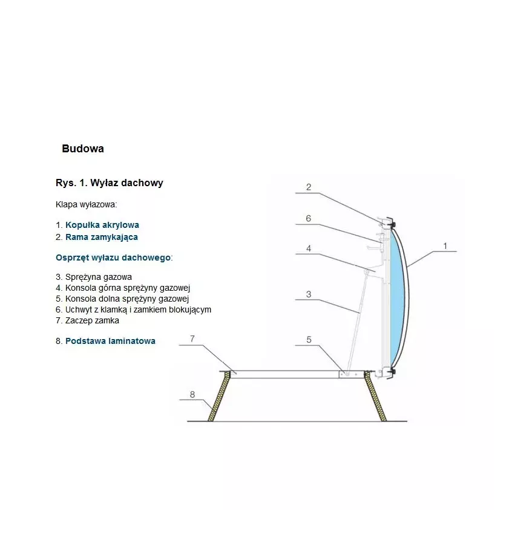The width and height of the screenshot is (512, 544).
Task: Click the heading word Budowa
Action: (83, 149)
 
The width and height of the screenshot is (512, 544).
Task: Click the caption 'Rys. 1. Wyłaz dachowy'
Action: (109, 183)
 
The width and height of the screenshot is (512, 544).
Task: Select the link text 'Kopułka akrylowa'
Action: (102, 225)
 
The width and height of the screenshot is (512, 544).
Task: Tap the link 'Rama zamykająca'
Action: (102, 237)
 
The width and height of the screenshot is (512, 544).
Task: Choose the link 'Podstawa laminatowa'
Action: (110, 341)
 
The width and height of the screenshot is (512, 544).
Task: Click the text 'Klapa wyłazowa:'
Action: (86, 204)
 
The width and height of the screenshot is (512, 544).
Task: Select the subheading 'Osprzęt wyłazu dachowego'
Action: (113, 257)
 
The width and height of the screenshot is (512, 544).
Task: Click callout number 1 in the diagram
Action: (445, 246)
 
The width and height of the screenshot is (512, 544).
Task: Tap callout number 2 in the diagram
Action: (309, 187)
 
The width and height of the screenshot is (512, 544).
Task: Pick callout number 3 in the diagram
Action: (309, 294)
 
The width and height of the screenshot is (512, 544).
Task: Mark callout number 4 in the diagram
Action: (309, 248)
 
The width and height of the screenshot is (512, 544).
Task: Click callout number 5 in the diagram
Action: (309, 340)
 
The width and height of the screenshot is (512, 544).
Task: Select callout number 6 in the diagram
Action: (309, 218)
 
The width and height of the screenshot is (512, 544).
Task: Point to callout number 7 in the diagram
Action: (192, 338)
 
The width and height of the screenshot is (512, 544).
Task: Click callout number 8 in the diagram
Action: (192, 395)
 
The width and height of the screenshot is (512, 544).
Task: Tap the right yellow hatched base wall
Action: (377, 396)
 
